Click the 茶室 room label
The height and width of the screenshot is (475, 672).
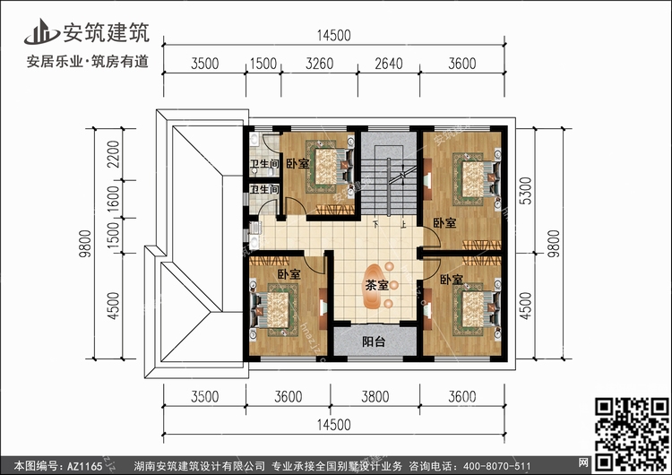pos(376,286)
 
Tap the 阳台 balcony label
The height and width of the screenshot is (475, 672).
pos(375,341)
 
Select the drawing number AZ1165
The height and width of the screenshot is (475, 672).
pos(82,466)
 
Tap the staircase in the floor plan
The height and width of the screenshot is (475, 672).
pos(389,179)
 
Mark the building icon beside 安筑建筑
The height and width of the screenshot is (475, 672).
pos(39,30)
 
